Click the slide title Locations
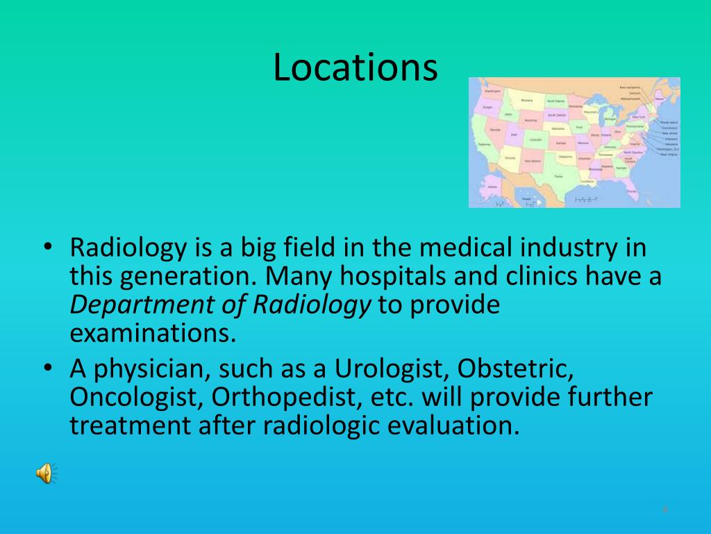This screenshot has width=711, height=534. (x=355, y=67)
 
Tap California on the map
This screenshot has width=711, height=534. (x=483, y=145)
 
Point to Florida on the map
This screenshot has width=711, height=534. (x=633, y=189)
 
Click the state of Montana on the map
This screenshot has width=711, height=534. (x=528, y=101)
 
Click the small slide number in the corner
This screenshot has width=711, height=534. (x=665, y=510)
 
